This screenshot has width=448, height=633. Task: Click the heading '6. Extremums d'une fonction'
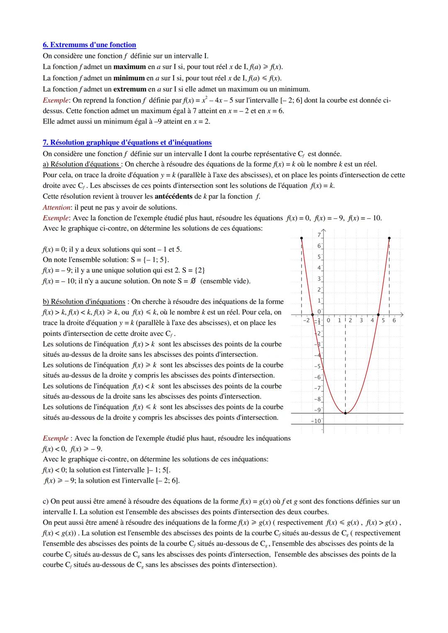click(x=89, y=45)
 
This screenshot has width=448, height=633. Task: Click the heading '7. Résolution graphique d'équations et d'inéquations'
click(x=127, y=143)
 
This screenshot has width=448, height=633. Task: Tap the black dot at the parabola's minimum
click(x=345, y=413)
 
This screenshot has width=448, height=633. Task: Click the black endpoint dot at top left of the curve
click(x=302, y=238)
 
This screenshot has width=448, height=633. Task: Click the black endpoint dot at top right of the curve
click(x=389, y=238)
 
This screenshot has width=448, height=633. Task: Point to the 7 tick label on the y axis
click(x=319, y=235)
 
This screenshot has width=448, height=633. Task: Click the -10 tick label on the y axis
click(x=317, y=421)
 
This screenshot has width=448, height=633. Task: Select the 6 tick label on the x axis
click(x=394, y=320)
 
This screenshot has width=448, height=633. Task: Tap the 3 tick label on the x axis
click(x=361, y=320)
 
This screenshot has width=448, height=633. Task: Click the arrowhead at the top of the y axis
click(x=323, y=230)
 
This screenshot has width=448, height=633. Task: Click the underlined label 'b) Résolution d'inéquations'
click(x=84, y=302)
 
